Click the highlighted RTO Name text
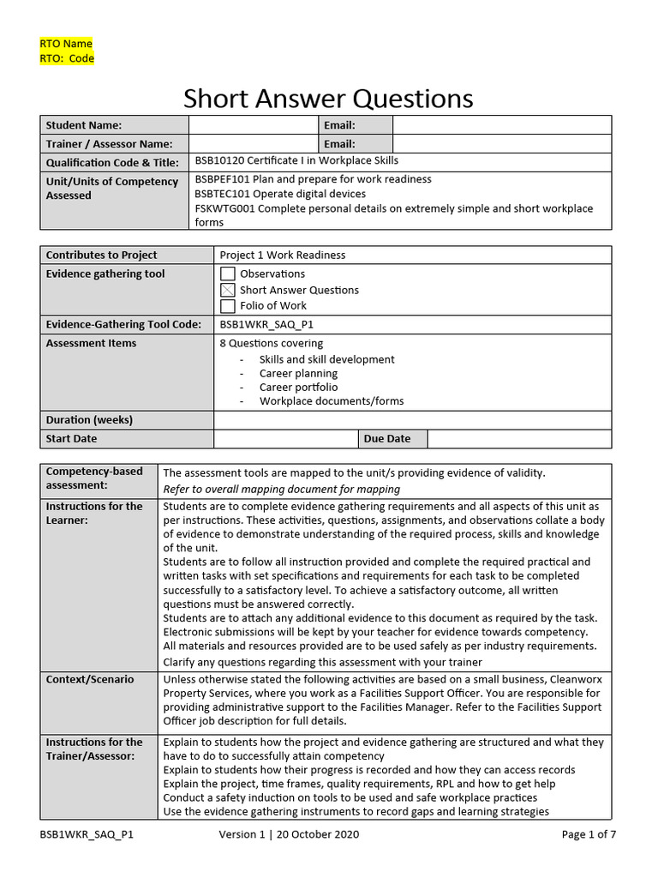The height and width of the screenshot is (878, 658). pos(66,44)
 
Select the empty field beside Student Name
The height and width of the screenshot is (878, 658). pos(253,125)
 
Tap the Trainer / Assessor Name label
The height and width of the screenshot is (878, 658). pos(109,144)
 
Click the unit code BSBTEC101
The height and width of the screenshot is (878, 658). pos(221,194)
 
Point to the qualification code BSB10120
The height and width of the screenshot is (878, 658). pos(220,160)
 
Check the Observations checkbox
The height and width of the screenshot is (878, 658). pos(228,274)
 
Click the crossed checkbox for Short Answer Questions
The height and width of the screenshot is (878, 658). pos(228,291)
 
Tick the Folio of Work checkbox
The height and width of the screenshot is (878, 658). pos(228,306)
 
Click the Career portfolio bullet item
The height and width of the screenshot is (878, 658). pos(298,387)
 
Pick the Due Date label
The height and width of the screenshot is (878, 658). pos(387,438)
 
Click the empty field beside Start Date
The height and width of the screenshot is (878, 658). pos(285,438)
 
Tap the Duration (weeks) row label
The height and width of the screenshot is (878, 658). pos(89,420)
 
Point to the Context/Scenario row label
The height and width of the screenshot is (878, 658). pos(90,679)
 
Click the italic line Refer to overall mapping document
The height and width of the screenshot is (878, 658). pos(281,489)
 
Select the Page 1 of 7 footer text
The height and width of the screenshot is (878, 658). pos(589,834)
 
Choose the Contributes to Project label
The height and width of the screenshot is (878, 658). pos(101,255)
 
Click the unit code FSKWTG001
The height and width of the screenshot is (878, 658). pos(224,208)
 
